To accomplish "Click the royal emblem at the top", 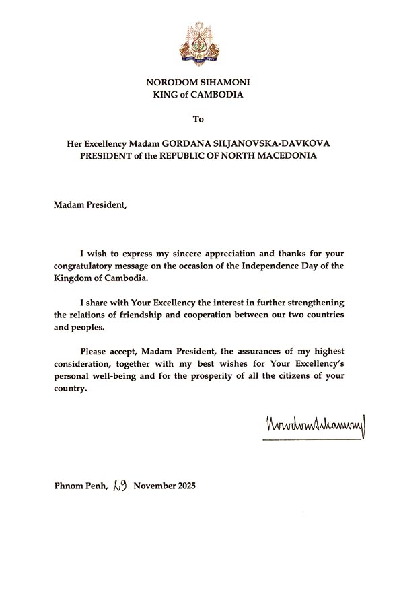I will coord(199,44).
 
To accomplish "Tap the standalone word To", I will coord(198,119).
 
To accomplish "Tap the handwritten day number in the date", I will coord(121,484).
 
